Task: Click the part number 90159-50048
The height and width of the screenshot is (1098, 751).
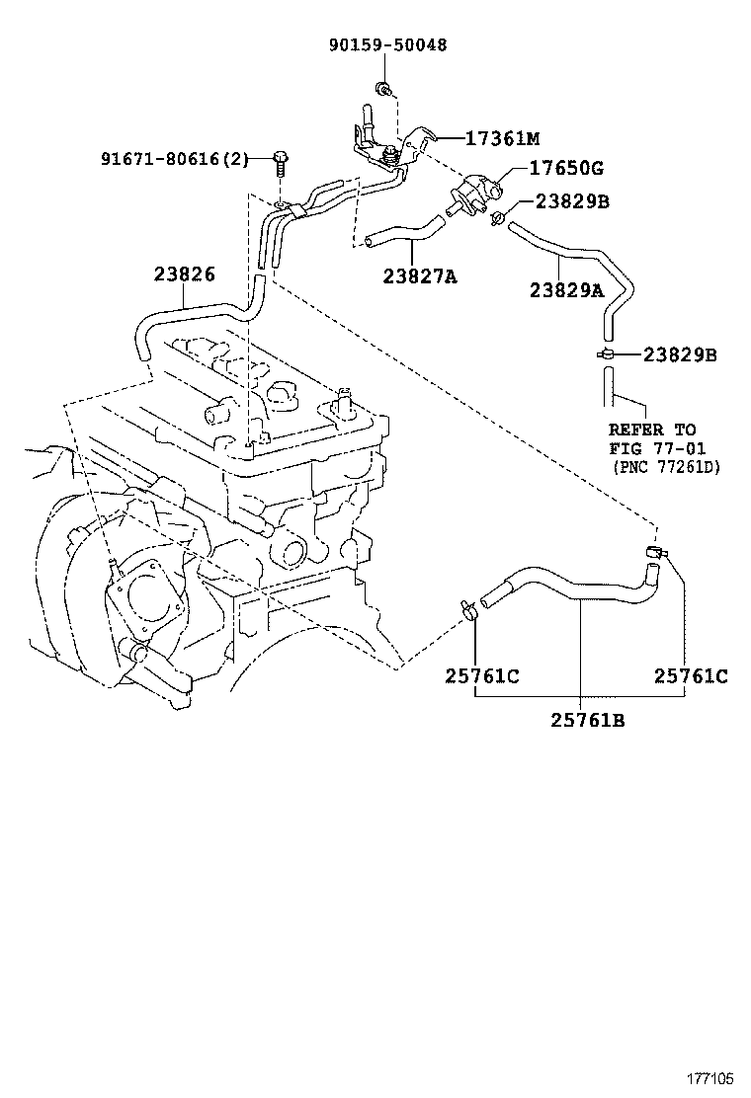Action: (386, 45)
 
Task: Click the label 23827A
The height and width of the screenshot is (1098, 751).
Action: (420, 277)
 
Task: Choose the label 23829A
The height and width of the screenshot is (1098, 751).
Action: (566, 290)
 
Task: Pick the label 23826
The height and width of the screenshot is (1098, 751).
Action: (184, 274)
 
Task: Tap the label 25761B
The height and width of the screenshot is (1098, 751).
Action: (588, 720)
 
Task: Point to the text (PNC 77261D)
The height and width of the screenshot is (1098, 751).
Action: (664, 466)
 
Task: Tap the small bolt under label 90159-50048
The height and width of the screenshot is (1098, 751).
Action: (382, 92)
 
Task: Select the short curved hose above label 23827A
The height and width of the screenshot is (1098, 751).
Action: (401, 233)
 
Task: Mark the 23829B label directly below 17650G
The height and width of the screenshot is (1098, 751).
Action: (571, 201)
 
